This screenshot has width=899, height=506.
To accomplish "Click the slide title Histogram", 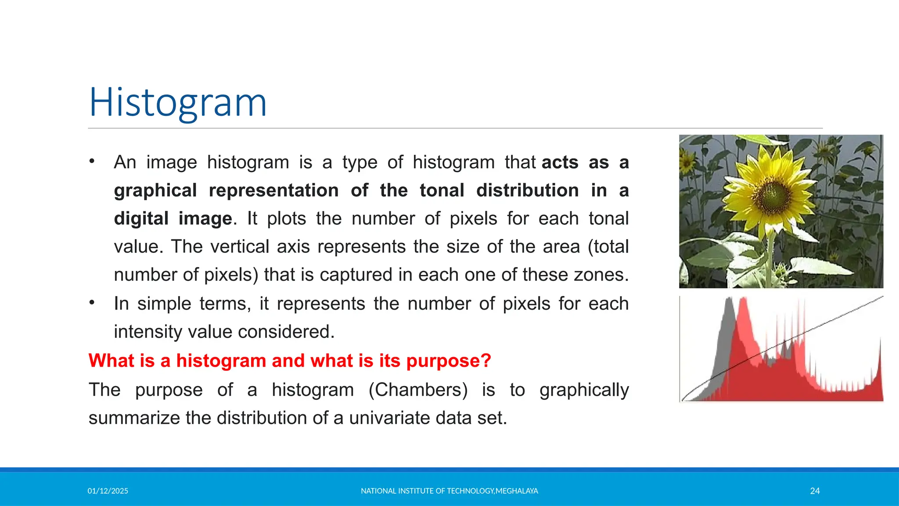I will [x=178, y=103].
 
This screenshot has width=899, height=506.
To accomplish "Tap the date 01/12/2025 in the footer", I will [x=108, y=491].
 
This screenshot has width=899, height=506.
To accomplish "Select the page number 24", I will [x=815, y=491].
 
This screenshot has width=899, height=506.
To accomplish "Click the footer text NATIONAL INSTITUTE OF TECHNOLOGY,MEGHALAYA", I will [x=449, y=491].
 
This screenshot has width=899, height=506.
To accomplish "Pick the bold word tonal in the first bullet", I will [x=442, y=191].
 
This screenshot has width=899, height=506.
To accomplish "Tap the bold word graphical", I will [x=155, y=191].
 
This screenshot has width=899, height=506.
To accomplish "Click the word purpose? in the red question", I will [x=448, y=361].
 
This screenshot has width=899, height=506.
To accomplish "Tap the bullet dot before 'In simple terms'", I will [x=92, y=303].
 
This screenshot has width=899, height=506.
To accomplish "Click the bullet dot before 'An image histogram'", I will [x=92, y=161].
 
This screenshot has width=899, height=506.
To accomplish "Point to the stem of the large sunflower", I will [x=770, y=255].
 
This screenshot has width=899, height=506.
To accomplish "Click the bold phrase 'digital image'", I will [x=173, y=219].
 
